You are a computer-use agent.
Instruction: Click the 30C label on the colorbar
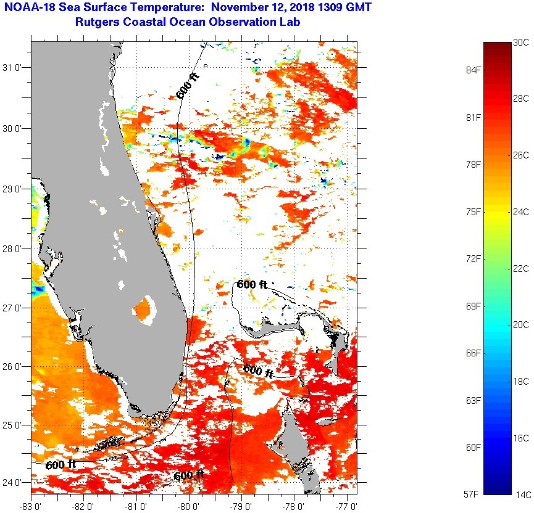(521, 43)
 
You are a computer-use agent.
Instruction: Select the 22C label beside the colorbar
(521, 268)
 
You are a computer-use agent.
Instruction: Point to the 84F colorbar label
(474, 70)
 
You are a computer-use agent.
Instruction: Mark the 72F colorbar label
(474, 259)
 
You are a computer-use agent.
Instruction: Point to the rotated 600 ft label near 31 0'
(188, 86)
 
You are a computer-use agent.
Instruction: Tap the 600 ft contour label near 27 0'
(252, 285)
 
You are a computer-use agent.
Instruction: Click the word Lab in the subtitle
(291, 23)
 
